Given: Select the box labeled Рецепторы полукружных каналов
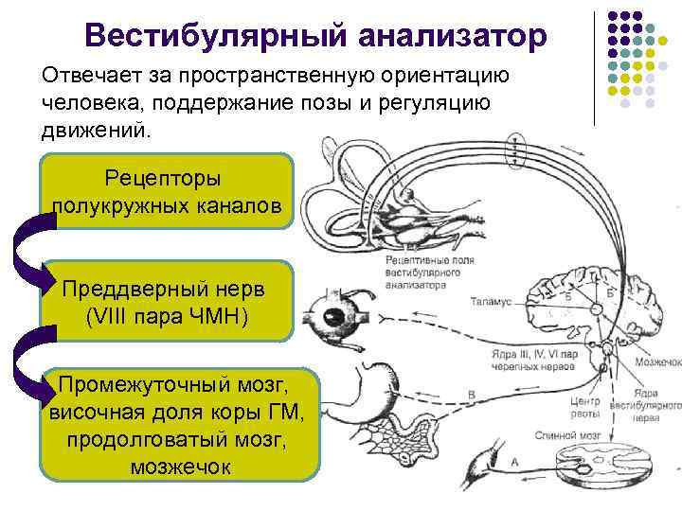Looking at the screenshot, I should pos(167,192).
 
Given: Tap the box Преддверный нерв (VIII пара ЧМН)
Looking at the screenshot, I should pos(167,300).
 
